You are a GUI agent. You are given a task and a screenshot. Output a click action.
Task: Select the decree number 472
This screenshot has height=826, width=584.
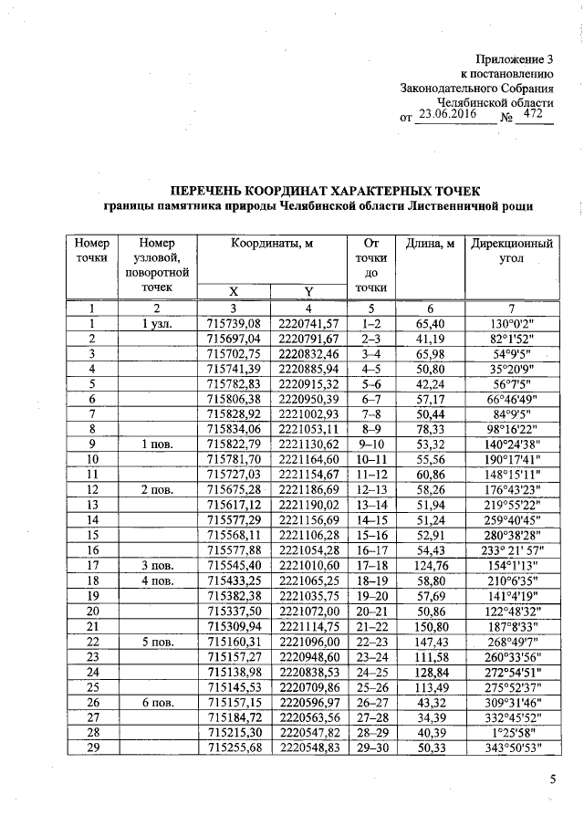tap(535, 114)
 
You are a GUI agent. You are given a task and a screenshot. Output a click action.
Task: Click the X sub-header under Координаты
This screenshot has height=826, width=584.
tap(234, 291)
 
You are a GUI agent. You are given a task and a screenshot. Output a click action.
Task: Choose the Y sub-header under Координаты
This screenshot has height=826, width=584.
tap(308, 291)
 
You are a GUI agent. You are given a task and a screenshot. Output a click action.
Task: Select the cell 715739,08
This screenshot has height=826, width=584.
tap(235, 323)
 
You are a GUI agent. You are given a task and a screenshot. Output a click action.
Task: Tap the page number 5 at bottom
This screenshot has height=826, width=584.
tap(552, 779)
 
